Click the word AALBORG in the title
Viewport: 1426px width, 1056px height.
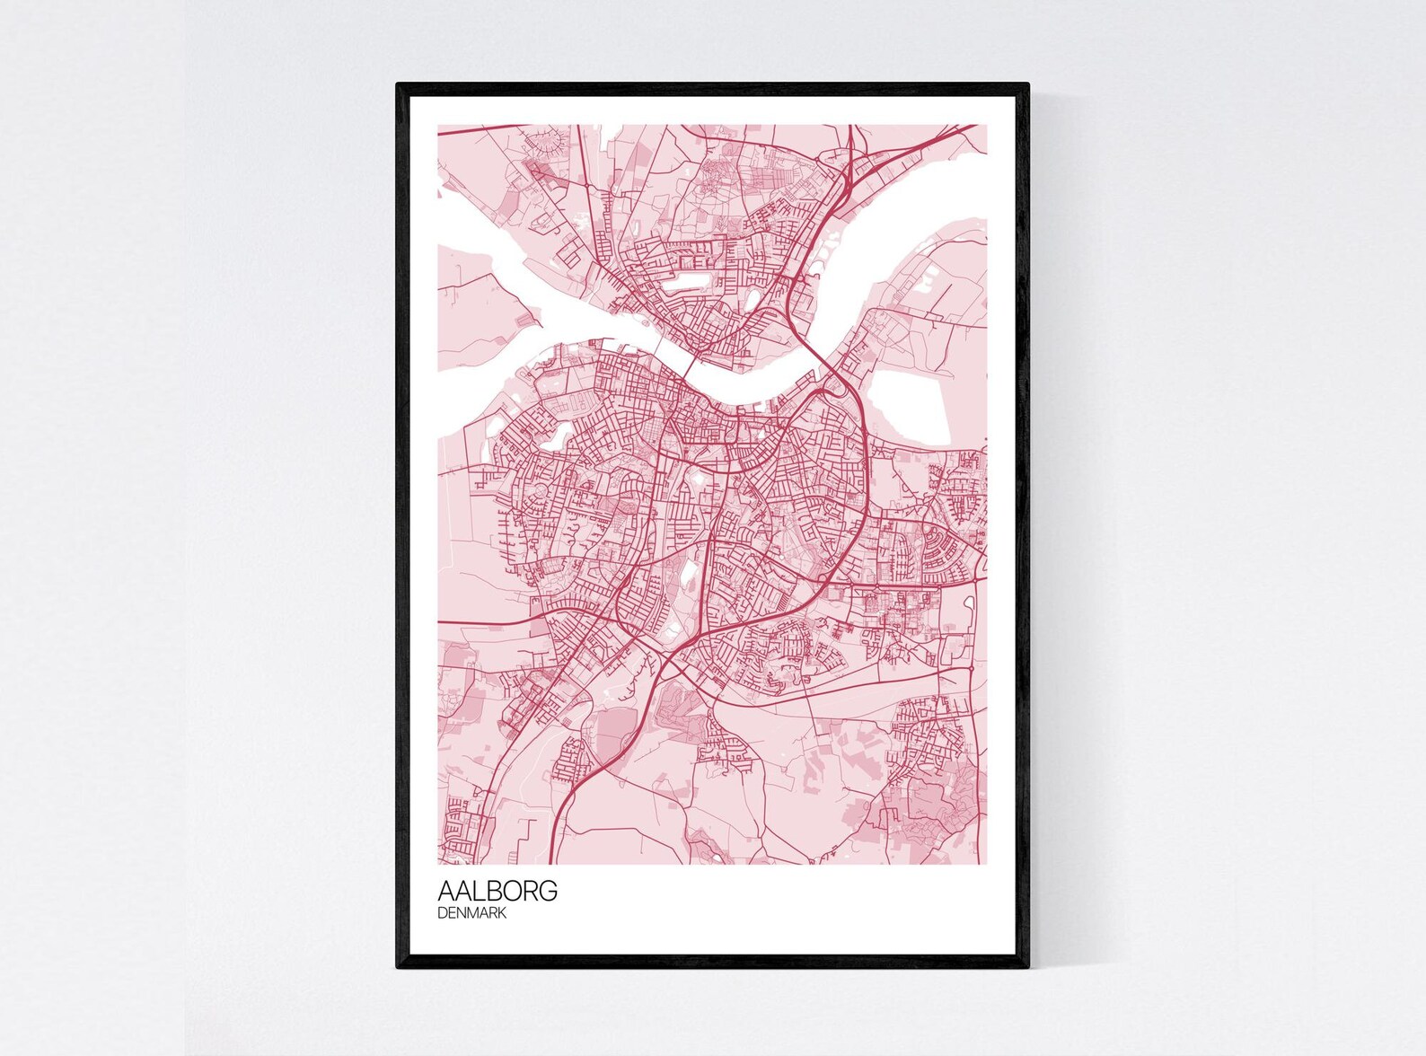pos(497,891)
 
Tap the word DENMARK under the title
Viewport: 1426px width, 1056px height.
pos(472,913)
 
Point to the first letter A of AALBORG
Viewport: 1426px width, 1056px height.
pos(445,891)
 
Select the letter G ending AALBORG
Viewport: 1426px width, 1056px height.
pos(549,891)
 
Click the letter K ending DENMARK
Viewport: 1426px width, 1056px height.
pos(502,913)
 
